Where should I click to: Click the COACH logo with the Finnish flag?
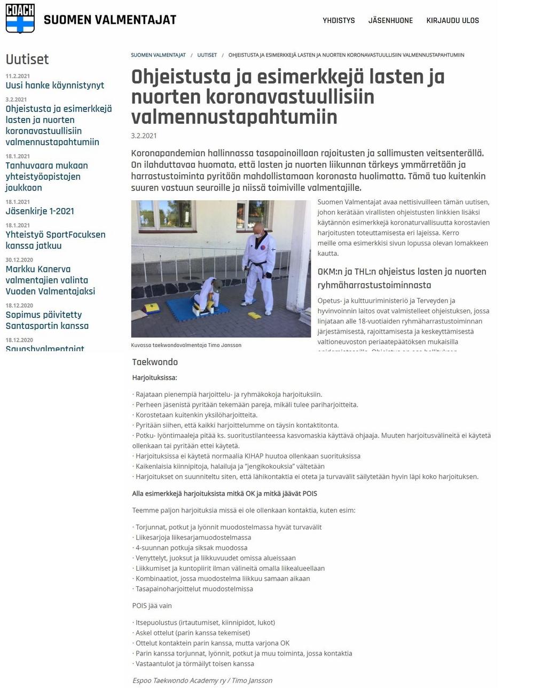point(20,19)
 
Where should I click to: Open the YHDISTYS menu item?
point(339,20)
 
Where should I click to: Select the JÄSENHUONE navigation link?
point(390,20)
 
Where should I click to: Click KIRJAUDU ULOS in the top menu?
point(452,20)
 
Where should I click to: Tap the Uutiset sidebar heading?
point(27,59)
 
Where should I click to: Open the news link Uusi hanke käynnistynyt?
point(54,85)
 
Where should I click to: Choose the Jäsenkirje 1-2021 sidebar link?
point(40,211)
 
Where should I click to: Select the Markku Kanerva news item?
point(50,280)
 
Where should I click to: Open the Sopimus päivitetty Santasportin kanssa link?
point(47,320)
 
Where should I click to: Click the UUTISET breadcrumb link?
point(207,55)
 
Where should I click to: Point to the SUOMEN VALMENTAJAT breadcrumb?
point(158,55)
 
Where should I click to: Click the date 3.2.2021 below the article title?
point(144,136)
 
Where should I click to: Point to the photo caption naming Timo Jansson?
point(186,345)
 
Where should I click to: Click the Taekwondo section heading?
point(155,362)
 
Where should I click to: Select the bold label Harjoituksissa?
point(154,377)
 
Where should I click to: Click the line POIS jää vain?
point(152,606)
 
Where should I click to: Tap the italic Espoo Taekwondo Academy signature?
point(202,681)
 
